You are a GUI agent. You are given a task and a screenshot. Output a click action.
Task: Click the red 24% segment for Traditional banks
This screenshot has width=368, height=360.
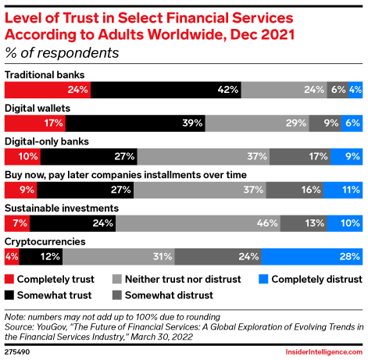[x=48, y=89]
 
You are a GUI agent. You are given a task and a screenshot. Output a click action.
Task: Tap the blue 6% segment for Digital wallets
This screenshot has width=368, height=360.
[x=352, y=123]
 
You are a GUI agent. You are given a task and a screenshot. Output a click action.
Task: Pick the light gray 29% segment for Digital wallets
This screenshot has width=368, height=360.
[x=257, y=123]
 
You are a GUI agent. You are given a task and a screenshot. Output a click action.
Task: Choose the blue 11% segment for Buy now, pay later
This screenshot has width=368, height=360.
[x=342, y=189]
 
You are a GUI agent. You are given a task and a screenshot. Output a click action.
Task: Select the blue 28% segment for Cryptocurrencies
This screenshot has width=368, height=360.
[x=312, y=255]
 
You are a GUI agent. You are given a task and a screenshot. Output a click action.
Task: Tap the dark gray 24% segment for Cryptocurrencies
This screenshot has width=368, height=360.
[x=218, y=255]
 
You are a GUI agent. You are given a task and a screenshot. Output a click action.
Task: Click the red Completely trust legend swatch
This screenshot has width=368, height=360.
[x=10, y=279]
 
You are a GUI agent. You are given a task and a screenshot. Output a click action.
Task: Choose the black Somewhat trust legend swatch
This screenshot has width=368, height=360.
[x=10, y=294]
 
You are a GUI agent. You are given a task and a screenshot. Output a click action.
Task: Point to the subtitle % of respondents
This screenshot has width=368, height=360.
[x=62, y=53]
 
